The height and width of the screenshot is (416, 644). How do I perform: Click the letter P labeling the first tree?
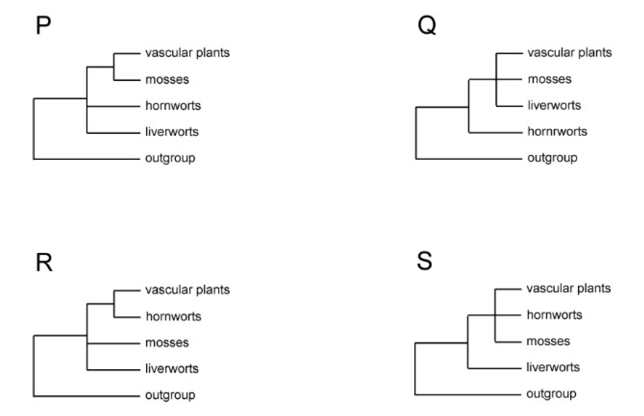coord(43,26)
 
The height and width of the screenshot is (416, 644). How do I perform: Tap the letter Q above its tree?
coord(426,26)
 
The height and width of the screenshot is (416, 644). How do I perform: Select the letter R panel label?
coord(44,262)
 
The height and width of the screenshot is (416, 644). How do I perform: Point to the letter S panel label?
coord(424,261)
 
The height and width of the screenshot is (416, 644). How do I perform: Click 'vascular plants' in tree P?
coord(187,53)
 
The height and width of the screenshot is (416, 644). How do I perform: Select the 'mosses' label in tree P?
coord(167,80)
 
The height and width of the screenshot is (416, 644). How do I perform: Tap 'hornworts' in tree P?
coord(173,106)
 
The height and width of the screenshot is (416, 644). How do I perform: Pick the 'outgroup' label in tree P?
coord(170,158)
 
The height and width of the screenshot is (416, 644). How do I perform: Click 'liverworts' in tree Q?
coord(554,105)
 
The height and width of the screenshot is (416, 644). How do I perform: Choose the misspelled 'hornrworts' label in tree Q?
coord(557,132)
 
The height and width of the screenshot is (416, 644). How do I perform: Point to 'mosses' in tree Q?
coord(549,79)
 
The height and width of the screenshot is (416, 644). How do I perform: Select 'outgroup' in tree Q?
coord(552,158)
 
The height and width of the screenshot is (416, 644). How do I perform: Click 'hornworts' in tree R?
coord(173,317)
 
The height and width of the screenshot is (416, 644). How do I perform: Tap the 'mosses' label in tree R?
coord(167,343)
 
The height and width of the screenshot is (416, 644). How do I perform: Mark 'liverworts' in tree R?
coord(172,369)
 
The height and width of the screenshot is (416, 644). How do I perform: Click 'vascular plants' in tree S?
coord(568,288)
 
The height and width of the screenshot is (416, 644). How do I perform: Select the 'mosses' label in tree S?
coord(548,341)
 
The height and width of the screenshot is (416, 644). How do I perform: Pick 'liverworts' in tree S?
coord(553,367)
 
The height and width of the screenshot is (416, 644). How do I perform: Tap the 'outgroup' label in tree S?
coord(551,394)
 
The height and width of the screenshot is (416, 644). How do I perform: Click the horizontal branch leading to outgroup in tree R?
coord(86,396)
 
